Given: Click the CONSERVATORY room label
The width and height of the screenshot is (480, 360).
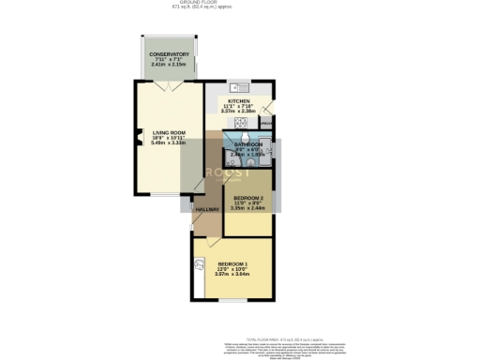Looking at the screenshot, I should tap(171, 54).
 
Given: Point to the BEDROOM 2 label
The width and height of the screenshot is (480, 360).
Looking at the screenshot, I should tap(247, 199).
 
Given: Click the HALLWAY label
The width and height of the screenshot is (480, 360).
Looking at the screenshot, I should tap(206, 209).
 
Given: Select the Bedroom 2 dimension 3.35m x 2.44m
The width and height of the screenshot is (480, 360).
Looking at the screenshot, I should tap(247, 211).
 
